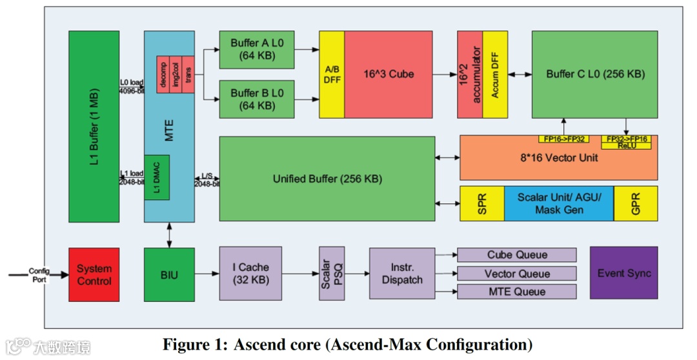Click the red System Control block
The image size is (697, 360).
pos(94,274)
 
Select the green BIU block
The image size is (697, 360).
pos(169,274)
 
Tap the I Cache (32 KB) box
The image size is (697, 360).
pos(250,274)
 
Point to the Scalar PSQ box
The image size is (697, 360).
pos(332,274)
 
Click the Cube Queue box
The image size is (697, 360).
pos(516,255)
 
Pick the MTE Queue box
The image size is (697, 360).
pos(516,292)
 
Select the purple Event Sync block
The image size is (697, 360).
pos(623,273)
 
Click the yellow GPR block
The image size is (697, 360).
pos(635,204)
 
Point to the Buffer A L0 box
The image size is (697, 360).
pos(256,50)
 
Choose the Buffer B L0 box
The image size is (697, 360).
pos(256,99)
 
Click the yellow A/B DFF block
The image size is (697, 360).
pos(332,74)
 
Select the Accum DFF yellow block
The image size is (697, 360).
pos(496,74)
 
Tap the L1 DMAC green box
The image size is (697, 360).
pos(157,177)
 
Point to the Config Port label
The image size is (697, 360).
pos(39,275)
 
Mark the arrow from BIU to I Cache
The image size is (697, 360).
pos(207,274)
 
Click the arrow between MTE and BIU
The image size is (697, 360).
pos(169,235)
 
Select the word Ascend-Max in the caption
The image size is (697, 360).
pos(368,344)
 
